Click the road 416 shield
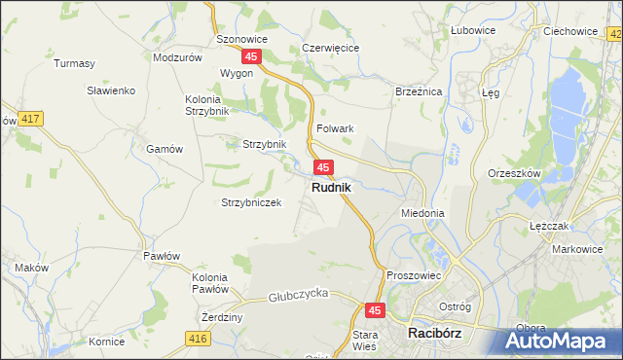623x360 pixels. click(199, 338)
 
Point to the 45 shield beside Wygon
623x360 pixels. click(251, 57)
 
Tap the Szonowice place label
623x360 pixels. click(241, 40)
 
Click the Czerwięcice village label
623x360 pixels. click(331, 47)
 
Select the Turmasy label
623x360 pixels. click(75, 64)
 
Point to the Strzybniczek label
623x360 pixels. click(251, 202)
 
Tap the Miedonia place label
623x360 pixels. click(422, 212)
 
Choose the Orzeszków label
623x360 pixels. click(513, 173)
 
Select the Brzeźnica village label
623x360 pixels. click(419, 90)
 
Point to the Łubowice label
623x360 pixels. click(474, 30)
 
